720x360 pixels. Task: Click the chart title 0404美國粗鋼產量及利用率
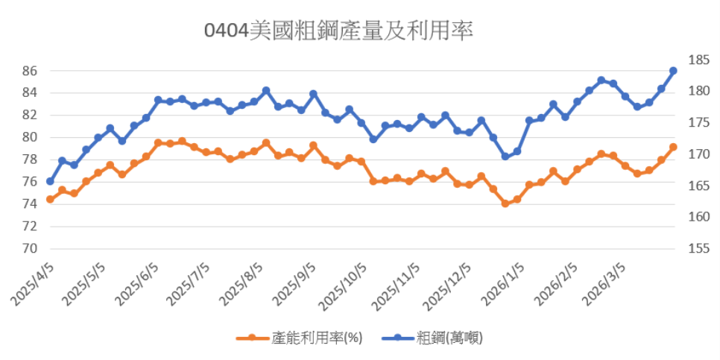339,32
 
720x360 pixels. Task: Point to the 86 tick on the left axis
29,71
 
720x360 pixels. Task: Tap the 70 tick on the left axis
29,249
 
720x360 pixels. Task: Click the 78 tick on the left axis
29,160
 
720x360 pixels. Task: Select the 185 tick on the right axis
688,60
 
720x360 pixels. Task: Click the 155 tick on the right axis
688,249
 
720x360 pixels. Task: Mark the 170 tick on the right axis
688,154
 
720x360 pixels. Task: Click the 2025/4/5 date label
34,283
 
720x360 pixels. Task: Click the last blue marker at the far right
673,71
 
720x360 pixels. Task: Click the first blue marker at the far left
50,181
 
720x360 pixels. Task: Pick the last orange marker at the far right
673,147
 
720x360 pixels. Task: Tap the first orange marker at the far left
50,199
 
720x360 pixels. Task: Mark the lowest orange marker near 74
505,203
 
